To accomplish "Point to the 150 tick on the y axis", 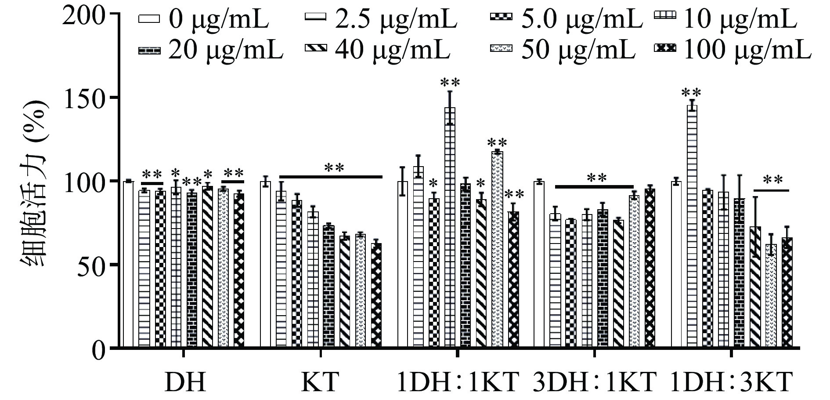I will (x=114, y=97).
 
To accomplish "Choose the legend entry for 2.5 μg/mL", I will (x=380, y=20).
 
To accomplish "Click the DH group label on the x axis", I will (x=185, y=382).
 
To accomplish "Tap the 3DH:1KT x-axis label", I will (x=595, y=382).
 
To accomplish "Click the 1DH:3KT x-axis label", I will (x=732, y=382).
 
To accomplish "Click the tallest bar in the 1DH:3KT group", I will (x=692, y=227).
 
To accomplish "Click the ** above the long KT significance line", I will (x=335, y=167).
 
